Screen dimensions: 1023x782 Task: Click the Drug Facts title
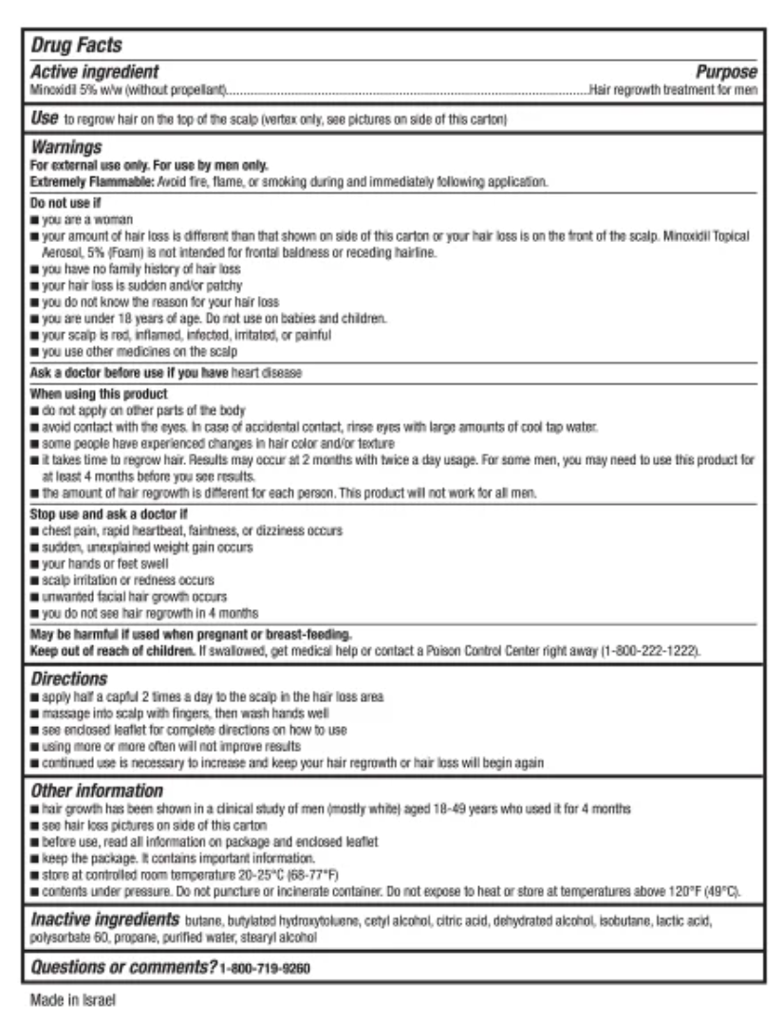[x=76, y=45]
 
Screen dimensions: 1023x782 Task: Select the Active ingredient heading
[x=95, y=72]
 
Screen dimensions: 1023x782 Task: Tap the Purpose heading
[x=726, y=72]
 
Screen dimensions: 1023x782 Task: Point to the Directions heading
[x=69, y=679]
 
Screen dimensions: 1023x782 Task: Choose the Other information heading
[x=97, y=790]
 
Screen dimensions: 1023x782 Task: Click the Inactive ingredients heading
[x=104, y=920]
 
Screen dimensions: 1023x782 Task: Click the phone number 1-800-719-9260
[x=265, y=968]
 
